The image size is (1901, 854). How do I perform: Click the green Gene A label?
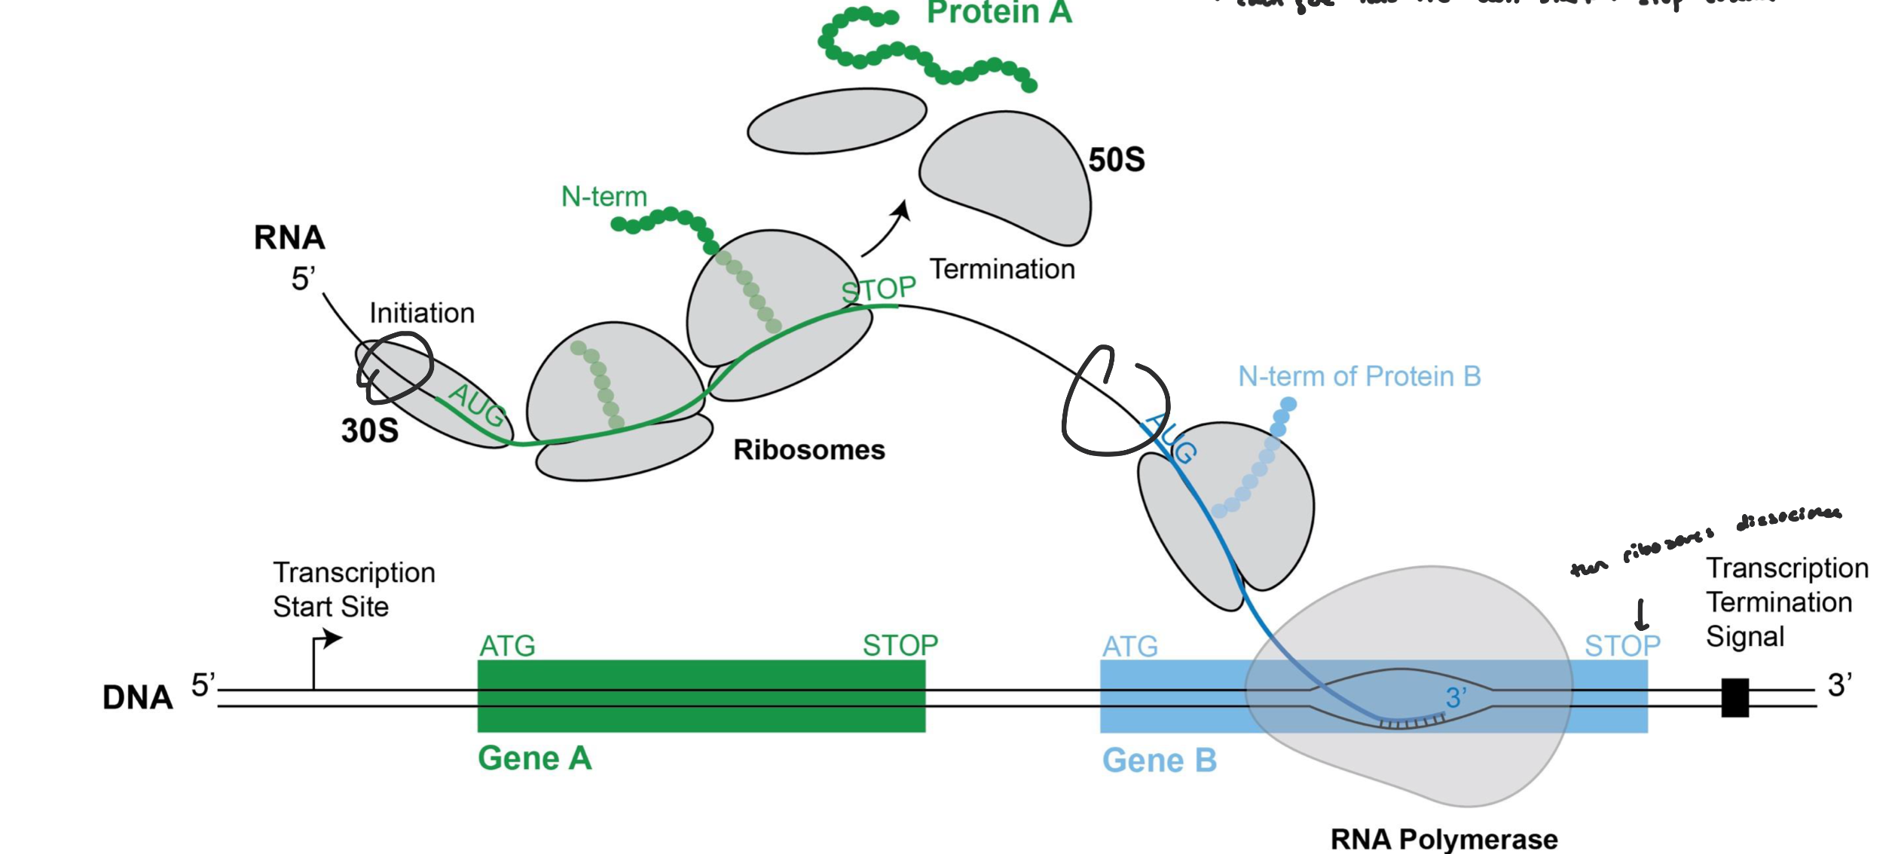coord(534,758)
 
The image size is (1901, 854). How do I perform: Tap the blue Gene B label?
coord(1159,760)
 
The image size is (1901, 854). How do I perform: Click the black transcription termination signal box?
coord(1734,697)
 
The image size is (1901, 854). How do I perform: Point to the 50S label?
coord(1116,160)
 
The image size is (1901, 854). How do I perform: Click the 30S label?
coord(369,430)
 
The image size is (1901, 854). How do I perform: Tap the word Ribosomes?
coord(808,450)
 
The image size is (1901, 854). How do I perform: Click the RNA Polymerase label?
coord(1443,838)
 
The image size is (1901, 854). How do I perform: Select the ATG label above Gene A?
coord(507,646)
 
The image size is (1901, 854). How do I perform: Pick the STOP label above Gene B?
coord(1621,646)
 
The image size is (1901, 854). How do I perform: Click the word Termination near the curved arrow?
coord(1001,269)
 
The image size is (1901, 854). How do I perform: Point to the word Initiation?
coord(421,313)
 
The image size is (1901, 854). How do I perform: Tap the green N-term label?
coord(604,197)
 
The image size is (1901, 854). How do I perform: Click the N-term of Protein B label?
coord(1359,376)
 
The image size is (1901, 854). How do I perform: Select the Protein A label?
coord(998,13)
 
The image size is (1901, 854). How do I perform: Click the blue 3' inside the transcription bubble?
coord(1456,698)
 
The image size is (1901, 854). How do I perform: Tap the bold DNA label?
coord(137,698)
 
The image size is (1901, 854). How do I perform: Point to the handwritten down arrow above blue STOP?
coord(1640,614)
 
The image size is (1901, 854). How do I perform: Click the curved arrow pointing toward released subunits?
coord(888,229)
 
